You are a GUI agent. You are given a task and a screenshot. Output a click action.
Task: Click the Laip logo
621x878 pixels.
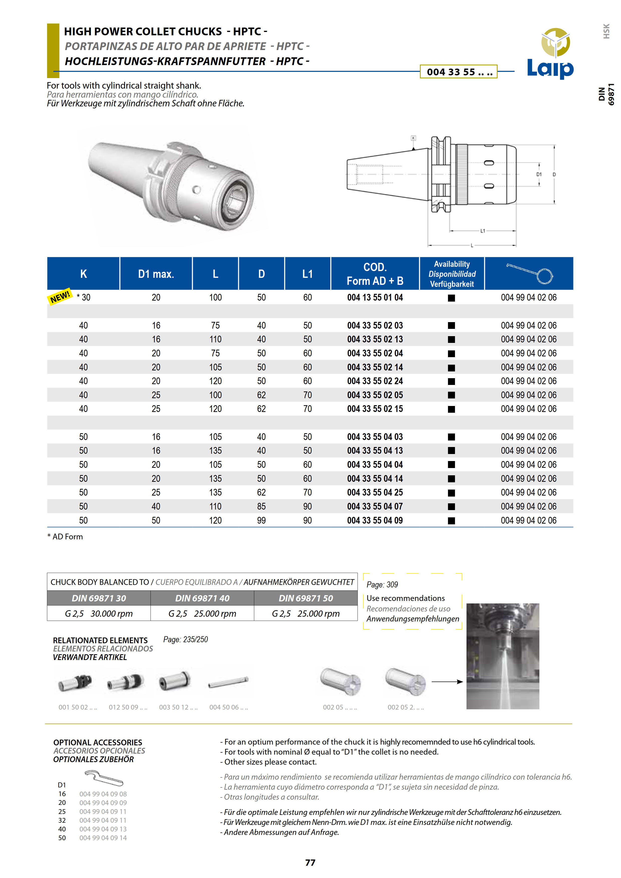click(551, 54)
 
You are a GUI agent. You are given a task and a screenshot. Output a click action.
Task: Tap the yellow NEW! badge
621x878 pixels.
click(60, 296)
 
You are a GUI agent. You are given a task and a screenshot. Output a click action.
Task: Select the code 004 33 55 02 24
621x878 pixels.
click(375, 381)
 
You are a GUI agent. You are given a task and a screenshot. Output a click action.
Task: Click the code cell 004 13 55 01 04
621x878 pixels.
click(375, 298)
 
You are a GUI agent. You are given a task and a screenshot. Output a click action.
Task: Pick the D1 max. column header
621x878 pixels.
click(156, 274)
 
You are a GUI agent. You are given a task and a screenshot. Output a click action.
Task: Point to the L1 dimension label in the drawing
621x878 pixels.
click(483, 231)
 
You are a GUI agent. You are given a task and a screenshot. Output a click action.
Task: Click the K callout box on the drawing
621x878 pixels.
click(413, 138)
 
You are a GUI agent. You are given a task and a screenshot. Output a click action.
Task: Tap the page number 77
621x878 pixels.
click(310, 862)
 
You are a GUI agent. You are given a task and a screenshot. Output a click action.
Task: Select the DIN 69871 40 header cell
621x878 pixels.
click(202, 598)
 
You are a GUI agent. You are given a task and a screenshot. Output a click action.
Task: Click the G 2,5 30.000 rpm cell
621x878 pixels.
click(99, 613)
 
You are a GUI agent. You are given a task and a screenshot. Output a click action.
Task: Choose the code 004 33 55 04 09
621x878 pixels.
click(375, 520)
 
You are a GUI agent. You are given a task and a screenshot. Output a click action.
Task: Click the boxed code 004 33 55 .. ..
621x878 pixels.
click(458, 72)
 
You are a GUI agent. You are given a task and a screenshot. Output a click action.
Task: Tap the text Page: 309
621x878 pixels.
click(382, 584)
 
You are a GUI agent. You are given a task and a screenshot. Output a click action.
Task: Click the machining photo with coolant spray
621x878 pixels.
click(502, 656)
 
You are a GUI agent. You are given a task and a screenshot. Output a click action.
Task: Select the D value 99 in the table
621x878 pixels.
click(261, 520)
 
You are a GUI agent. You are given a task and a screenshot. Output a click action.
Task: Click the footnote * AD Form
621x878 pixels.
click(65, 537)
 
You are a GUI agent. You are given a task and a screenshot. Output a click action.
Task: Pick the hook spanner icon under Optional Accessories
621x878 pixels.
click(103, 778)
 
